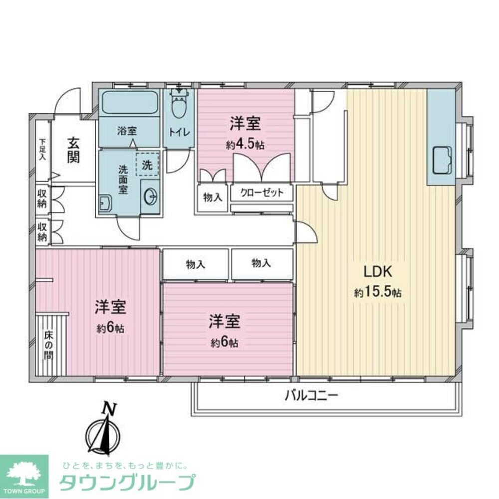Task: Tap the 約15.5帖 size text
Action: point(378,293)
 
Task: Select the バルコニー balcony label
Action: point(312,396)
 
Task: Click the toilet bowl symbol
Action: point(178,104)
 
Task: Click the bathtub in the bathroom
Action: point(129,103)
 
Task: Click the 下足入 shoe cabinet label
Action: point(43,149)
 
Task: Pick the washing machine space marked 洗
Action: point(147,163)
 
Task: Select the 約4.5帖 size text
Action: point(245,145)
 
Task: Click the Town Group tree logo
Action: point(24,472)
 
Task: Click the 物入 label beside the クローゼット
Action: point(212,198)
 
